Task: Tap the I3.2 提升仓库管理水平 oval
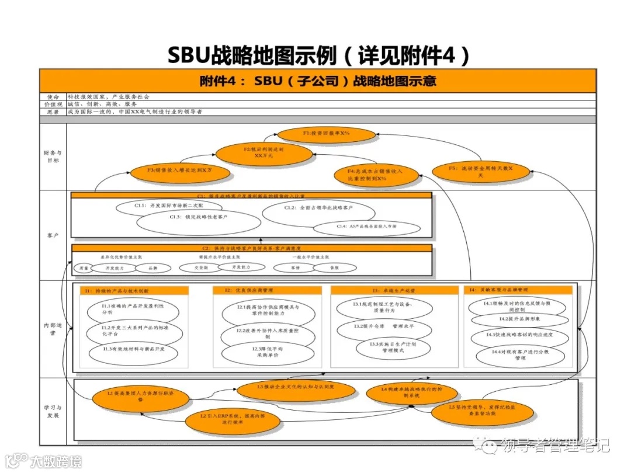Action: click(x=384, y=326)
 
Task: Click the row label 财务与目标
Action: click(x=52, y=156)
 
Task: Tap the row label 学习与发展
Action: click(x=52, y=412)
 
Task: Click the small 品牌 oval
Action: click(x=152, y=268)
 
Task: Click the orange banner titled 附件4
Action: click(x=318, y=81)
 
